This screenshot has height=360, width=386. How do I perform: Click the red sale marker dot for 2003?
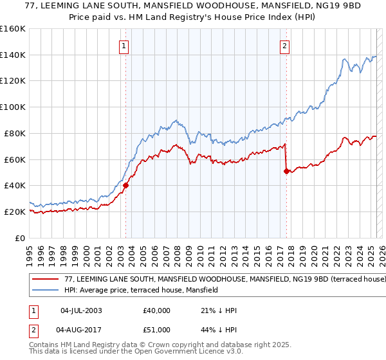coord(125,185)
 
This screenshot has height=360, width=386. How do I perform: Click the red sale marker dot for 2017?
coord(286,171)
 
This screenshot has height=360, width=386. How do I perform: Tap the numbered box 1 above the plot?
coord(123,46)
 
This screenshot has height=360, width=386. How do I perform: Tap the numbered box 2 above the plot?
coord(284,46)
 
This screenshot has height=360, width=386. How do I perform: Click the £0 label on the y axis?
coord(19,238)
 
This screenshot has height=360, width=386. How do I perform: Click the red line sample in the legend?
coord(46,280)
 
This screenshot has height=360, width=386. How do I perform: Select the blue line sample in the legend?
coord(46,290)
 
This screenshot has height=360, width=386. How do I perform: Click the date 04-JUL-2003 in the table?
coord(81,310)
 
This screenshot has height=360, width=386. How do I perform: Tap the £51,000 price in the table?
coord(157,330)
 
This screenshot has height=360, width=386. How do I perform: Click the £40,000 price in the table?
coord(157,310)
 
